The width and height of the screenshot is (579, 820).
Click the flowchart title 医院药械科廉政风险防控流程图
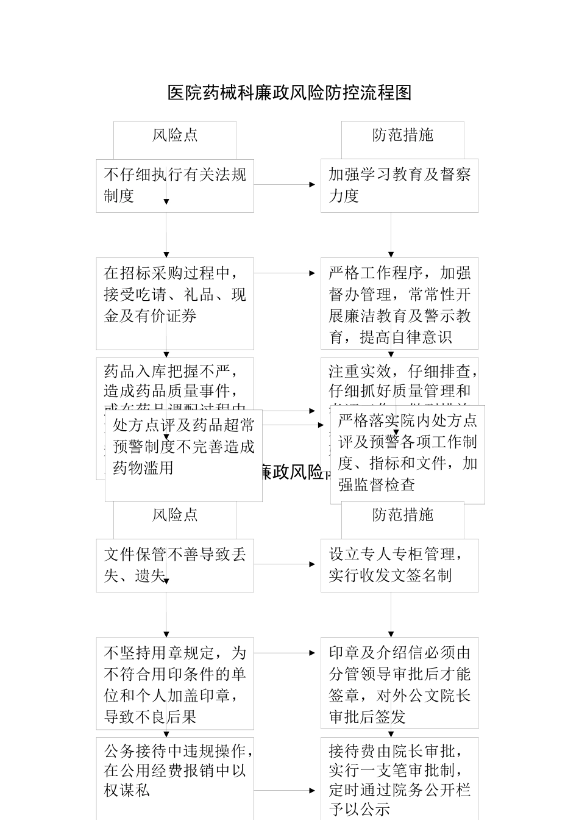[x=289, y=93]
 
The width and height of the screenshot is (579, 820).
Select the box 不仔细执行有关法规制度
[x=175, y=185]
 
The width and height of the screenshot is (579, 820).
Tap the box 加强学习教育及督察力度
[x=399, y=185]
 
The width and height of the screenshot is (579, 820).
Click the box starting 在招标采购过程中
[x=175, y=303]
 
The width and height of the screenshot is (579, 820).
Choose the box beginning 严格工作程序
[x=399, y=303]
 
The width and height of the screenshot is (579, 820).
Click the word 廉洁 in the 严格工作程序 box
[x=384, y=316]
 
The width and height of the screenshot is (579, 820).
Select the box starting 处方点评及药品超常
[x=183, y=455]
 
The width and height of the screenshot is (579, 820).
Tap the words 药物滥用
[x=144, y=468]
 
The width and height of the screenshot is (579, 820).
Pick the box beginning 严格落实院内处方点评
[x=407, y=454]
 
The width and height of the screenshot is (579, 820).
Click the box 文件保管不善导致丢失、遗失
[x=175, y=565]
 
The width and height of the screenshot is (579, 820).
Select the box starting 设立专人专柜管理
[x=399, y=565]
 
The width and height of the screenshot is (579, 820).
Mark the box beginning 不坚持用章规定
[x=175, y=683]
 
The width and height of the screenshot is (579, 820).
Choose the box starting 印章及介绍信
[x=399, y=683]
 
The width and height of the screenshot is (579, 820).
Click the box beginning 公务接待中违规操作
[x=175, y=778]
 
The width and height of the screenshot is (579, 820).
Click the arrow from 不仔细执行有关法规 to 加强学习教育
[x=287, y=184]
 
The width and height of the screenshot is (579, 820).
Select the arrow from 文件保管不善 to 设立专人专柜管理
[x=287, y=564]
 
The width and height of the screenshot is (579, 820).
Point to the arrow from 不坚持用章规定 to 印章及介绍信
[x=287, y=653]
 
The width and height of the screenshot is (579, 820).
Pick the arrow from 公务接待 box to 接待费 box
[x=287, y=791]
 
